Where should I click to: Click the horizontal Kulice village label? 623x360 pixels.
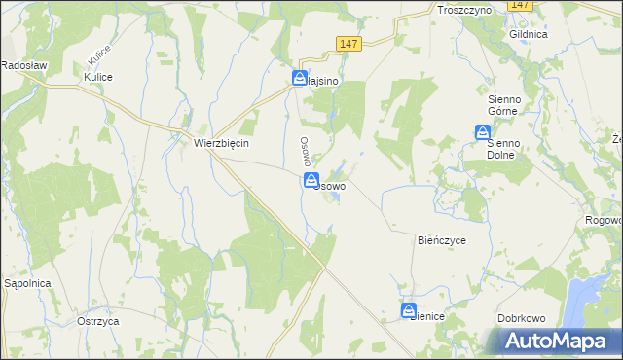(x=98, y=77)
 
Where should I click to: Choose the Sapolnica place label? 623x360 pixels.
(x=27, y=283)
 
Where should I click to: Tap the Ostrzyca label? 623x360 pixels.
(x=97, y=320)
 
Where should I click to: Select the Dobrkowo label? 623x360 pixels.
(x=525, y=317)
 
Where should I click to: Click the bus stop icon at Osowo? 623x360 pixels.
(x=311, y=180)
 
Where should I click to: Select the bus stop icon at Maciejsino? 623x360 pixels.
(x=301, y=79)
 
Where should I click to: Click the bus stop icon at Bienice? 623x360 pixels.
(x=408, y=311)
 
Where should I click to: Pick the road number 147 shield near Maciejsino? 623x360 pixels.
(x=350, y=43)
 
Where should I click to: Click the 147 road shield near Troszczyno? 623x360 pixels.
(x=522, y=5)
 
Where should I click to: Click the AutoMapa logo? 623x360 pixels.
(x=558, y=341)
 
